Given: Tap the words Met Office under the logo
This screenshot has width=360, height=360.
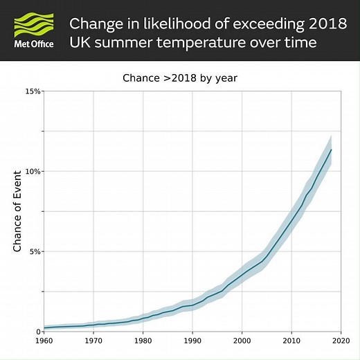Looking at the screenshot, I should click(34, 45).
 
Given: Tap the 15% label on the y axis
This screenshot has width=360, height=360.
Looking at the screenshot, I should click(33, 91).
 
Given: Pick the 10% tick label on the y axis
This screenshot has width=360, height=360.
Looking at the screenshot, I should click(33, 171).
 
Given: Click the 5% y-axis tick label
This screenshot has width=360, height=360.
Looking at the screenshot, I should click(35, 251).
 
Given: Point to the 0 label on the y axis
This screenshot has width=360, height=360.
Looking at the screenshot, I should click(37, 332).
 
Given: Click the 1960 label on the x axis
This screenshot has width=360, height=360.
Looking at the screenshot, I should click(44, 341).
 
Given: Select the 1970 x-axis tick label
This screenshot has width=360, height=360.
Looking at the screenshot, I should click(94, 341).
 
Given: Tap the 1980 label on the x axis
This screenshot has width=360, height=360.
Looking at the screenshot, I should click(143, 341).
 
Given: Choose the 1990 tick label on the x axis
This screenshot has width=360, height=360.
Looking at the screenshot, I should click(192, 341).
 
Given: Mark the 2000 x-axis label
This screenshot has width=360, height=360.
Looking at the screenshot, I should click(242, 341).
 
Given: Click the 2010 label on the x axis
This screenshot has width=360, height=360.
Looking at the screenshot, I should click(291, 341).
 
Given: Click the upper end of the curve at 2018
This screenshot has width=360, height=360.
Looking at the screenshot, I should click(331, 150).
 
